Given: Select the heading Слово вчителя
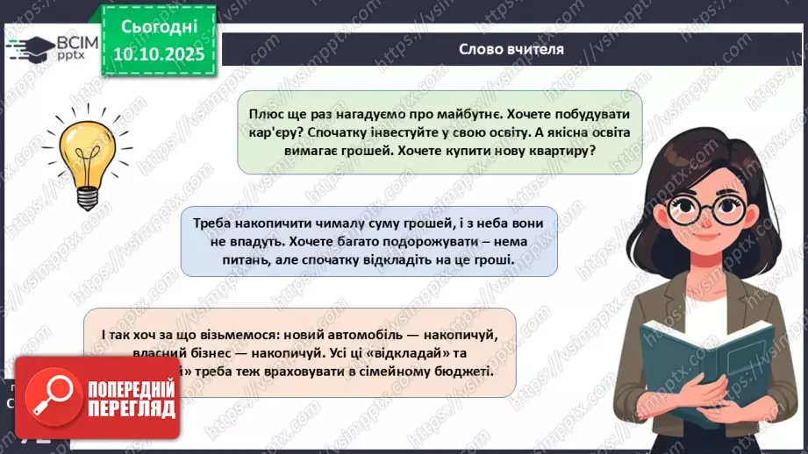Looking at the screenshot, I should click(511, 49).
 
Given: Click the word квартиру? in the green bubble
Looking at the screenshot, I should click(558, 150).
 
